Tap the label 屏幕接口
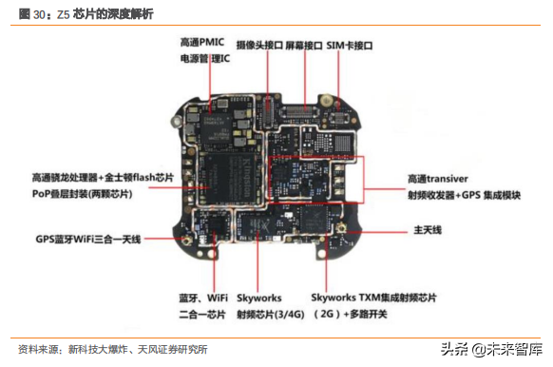point(304,46)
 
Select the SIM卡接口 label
point(350,46)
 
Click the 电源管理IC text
point(204,59)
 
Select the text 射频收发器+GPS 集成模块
point(463,194)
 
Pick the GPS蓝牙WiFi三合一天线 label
point(87,239)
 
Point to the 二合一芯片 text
point(203,313)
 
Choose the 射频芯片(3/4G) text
point(269,313)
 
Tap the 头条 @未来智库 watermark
point(489,348)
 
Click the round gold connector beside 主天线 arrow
point(339,231)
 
